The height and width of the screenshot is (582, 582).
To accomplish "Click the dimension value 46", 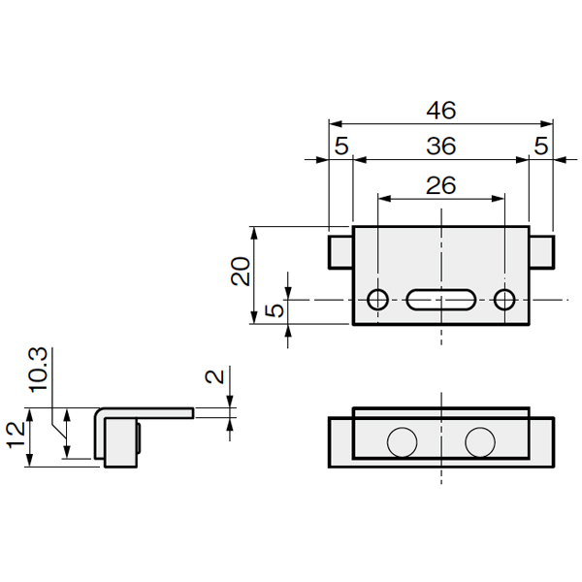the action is pos(441,111).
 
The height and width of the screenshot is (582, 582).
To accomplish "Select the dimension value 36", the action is pos(441,145).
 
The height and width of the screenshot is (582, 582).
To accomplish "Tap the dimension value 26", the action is pos(441,185).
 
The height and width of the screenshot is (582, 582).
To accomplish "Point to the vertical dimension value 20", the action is pos(241,271).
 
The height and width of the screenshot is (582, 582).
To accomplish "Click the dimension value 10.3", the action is pos(38,370).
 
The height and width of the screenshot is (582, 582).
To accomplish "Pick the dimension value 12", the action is pos(16,435).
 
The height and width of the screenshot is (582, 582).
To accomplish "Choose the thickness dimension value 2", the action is pos(214,376).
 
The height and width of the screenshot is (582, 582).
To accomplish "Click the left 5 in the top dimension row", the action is pos(341,145).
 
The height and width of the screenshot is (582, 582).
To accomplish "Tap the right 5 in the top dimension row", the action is pos(541,145).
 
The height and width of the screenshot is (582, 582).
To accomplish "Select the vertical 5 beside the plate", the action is pos(275,310).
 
